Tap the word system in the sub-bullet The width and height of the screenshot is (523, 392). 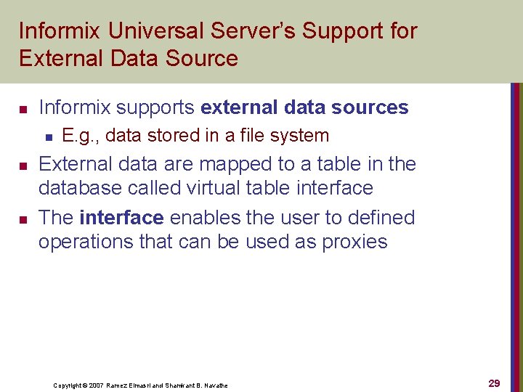coord(302,136)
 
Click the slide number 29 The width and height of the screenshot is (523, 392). coord(494,383)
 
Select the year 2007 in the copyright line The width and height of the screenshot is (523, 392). coord(97,385)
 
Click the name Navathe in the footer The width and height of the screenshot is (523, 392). coord(216,385)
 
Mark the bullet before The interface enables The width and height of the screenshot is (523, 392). coord(23,219)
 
